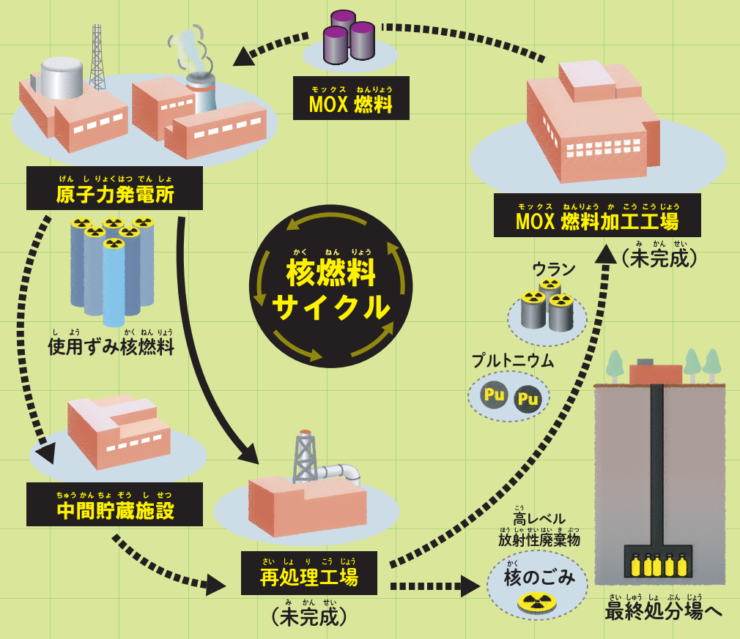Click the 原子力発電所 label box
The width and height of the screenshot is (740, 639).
(x=115, y=188)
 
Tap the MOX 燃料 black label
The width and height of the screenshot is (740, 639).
(x=351, y=98)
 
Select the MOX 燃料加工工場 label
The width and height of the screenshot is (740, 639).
(x=597, y=215)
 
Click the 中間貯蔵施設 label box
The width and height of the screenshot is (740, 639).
(x=115, y=504)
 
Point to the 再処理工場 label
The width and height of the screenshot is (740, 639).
(x=309, y=573)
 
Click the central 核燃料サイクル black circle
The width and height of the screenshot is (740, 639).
(x=331, y=286)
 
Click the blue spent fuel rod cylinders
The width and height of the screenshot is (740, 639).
(x=112, y=271)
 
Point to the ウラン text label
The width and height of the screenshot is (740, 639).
(x=554, y=270)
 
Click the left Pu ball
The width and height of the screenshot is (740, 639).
(x=495, y=394)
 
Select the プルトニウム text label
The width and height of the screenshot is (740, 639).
(x=513, y=362)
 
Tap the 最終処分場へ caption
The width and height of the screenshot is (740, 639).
(x=663, y=611)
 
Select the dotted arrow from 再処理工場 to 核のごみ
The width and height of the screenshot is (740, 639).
(x=435, y=586)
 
